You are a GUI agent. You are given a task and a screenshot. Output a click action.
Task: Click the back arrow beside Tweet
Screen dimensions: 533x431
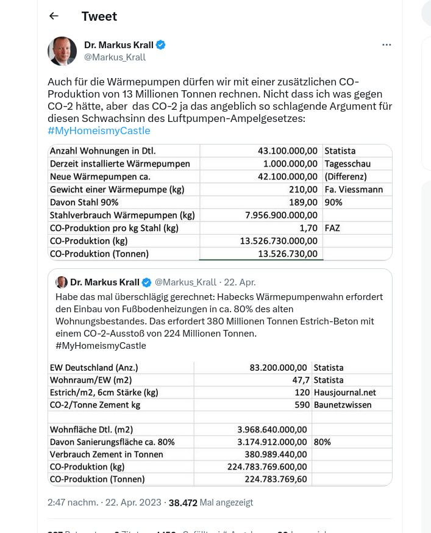(54, 16)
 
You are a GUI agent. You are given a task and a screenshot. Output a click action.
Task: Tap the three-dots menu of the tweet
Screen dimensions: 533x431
(386, 45)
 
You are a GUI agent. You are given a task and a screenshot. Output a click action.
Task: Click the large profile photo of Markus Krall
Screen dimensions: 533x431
(62, 51)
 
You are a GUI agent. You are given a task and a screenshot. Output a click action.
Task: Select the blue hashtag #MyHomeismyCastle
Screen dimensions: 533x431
(99, 131)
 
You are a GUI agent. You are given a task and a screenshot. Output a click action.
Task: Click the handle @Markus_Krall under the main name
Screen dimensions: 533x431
(115, 57)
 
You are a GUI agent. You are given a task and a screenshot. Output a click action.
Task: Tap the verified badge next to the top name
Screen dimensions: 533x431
(161, 45)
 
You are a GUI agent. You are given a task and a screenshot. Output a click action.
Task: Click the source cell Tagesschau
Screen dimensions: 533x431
(347, 163)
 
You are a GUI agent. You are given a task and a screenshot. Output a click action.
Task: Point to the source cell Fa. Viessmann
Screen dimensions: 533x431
(354, 189)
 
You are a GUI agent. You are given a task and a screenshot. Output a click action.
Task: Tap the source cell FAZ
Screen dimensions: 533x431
(333, 227)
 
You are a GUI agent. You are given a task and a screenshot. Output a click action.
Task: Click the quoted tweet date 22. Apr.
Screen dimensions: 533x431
(239, 282)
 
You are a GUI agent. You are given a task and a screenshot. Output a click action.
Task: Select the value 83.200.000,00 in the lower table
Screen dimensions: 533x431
(279, 368)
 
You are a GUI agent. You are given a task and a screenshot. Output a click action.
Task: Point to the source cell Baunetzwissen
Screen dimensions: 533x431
(342, 404)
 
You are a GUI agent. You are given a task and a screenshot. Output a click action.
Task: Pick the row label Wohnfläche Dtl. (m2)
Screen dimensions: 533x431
(91, 429)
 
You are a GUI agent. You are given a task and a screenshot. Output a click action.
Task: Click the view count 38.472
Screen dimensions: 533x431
(183, 503)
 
